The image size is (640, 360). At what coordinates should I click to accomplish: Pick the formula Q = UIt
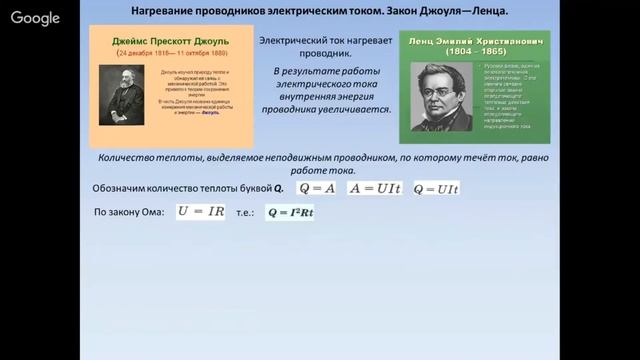(x=435, y=188)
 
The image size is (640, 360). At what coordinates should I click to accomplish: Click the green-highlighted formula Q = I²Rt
(x=290, y=213)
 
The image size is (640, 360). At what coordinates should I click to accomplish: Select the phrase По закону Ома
(x=128, y=213)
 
